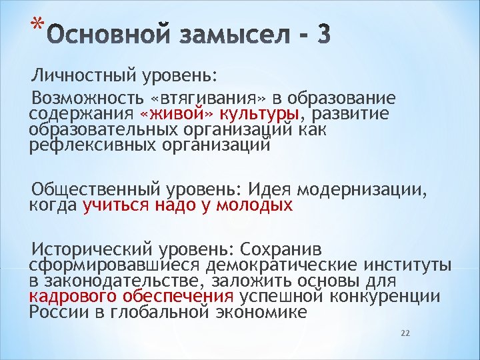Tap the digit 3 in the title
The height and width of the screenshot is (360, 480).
pyautogui.click(x=323, y=35)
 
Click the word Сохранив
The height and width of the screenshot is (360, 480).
pyautogui.click(x=280, y=249)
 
